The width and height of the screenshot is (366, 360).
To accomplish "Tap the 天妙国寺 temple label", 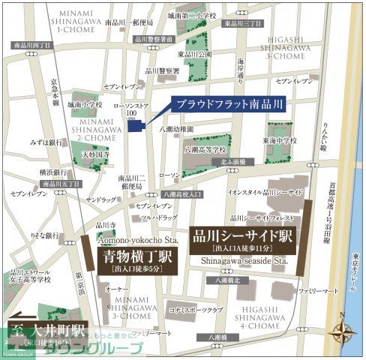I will point(96,154).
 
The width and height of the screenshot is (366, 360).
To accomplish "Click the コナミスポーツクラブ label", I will point(197,310).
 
